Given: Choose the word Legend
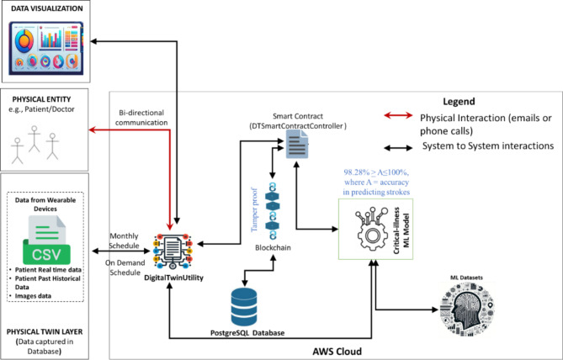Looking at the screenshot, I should [463, 99].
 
